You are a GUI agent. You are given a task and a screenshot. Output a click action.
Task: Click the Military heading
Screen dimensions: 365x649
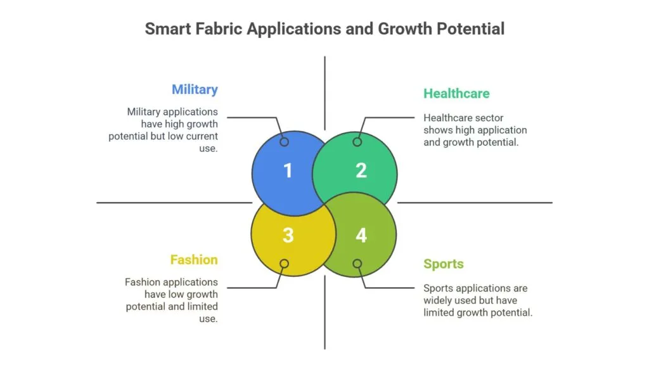tap(195, 89)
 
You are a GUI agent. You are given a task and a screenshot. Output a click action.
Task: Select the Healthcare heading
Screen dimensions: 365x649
tap(456, 94)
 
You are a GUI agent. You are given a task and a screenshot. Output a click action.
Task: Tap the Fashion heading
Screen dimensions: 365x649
tap(193, 260)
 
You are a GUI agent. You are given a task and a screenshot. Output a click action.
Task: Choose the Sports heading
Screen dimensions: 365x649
tap(444, 264)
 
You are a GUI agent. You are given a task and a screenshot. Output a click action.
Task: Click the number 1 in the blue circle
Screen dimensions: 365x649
tap(288, 170)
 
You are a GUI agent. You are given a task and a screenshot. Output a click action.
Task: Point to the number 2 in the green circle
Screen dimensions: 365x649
tap(361, 170)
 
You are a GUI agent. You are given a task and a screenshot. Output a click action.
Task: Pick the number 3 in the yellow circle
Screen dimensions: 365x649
tap(288, 236)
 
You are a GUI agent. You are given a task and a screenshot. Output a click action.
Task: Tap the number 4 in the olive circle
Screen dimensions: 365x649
tap(361, 236)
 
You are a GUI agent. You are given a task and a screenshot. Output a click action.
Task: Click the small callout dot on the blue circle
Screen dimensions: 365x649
tap(285, 142)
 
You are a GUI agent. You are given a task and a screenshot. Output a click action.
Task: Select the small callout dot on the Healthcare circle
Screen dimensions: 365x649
tap(357, 142)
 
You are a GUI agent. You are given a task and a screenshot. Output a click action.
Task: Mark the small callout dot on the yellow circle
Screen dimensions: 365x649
tap(285, 264)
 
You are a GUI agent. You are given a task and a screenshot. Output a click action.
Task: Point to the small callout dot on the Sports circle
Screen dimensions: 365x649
tap(357, 264)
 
